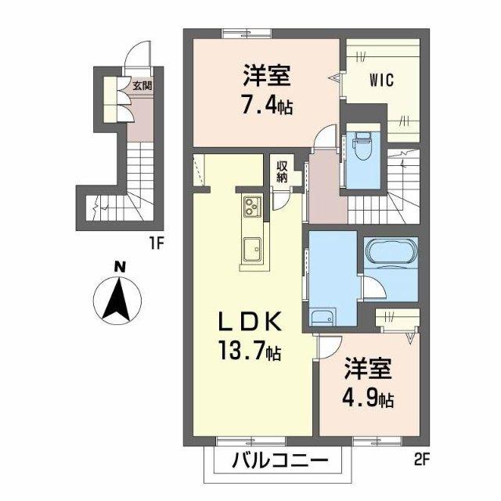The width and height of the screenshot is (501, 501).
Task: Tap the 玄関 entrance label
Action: tap(142, 86)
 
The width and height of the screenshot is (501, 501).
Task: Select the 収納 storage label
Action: tap(281, 171)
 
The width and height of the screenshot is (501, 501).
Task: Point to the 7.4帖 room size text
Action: tap(266, 105)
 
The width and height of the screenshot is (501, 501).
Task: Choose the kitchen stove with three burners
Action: tap(253, 207)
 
